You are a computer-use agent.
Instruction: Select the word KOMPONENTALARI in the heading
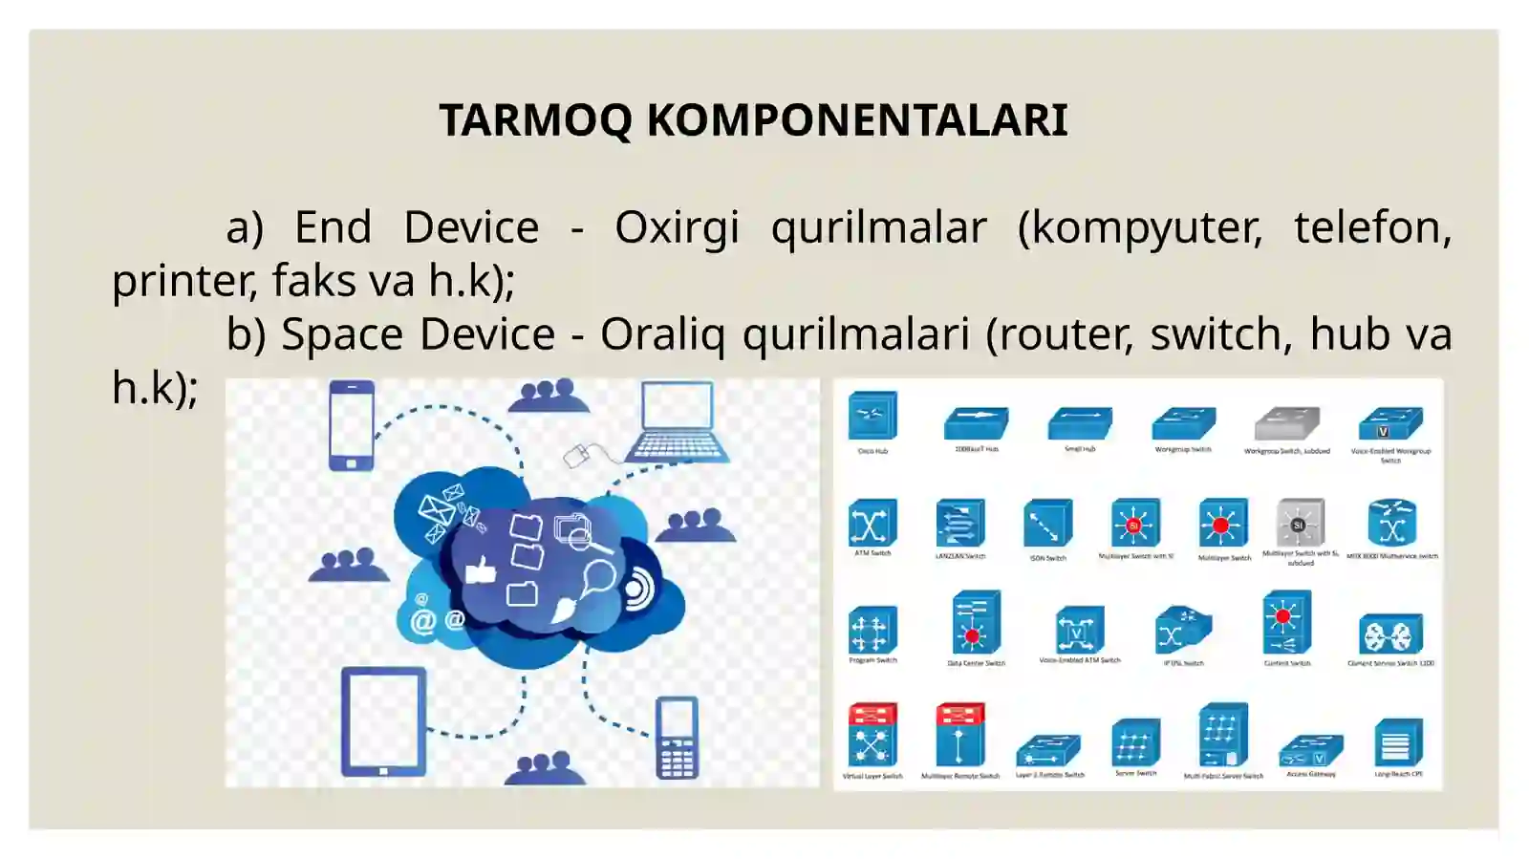pos(857,120)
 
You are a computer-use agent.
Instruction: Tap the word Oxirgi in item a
pos(677,227)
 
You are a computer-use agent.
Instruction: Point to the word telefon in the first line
pos(1371,227)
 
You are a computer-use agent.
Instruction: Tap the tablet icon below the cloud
pos(383,720)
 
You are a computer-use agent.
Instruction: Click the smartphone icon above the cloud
pos(351,424)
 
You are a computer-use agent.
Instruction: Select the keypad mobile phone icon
pos(677,738)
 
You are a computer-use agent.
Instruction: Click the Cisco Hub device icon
pos(872,417)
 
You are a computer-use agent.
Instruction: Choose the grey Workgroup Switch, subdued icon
pos(1286,423)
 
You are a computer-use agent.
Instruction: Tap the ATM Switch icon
pos(872,523)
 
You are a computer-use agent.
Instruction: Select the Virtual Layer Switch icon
pos(872,735)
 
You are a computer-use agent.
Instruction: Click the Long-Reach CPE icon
pos(1397,742)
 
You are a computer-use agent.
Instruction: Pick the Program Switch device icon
pos(872,630)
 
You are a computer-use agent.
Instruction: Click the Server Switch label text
pos(1135,774)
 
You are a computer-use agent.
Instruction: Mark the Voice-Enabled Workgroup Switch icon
pos(1390,423)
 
